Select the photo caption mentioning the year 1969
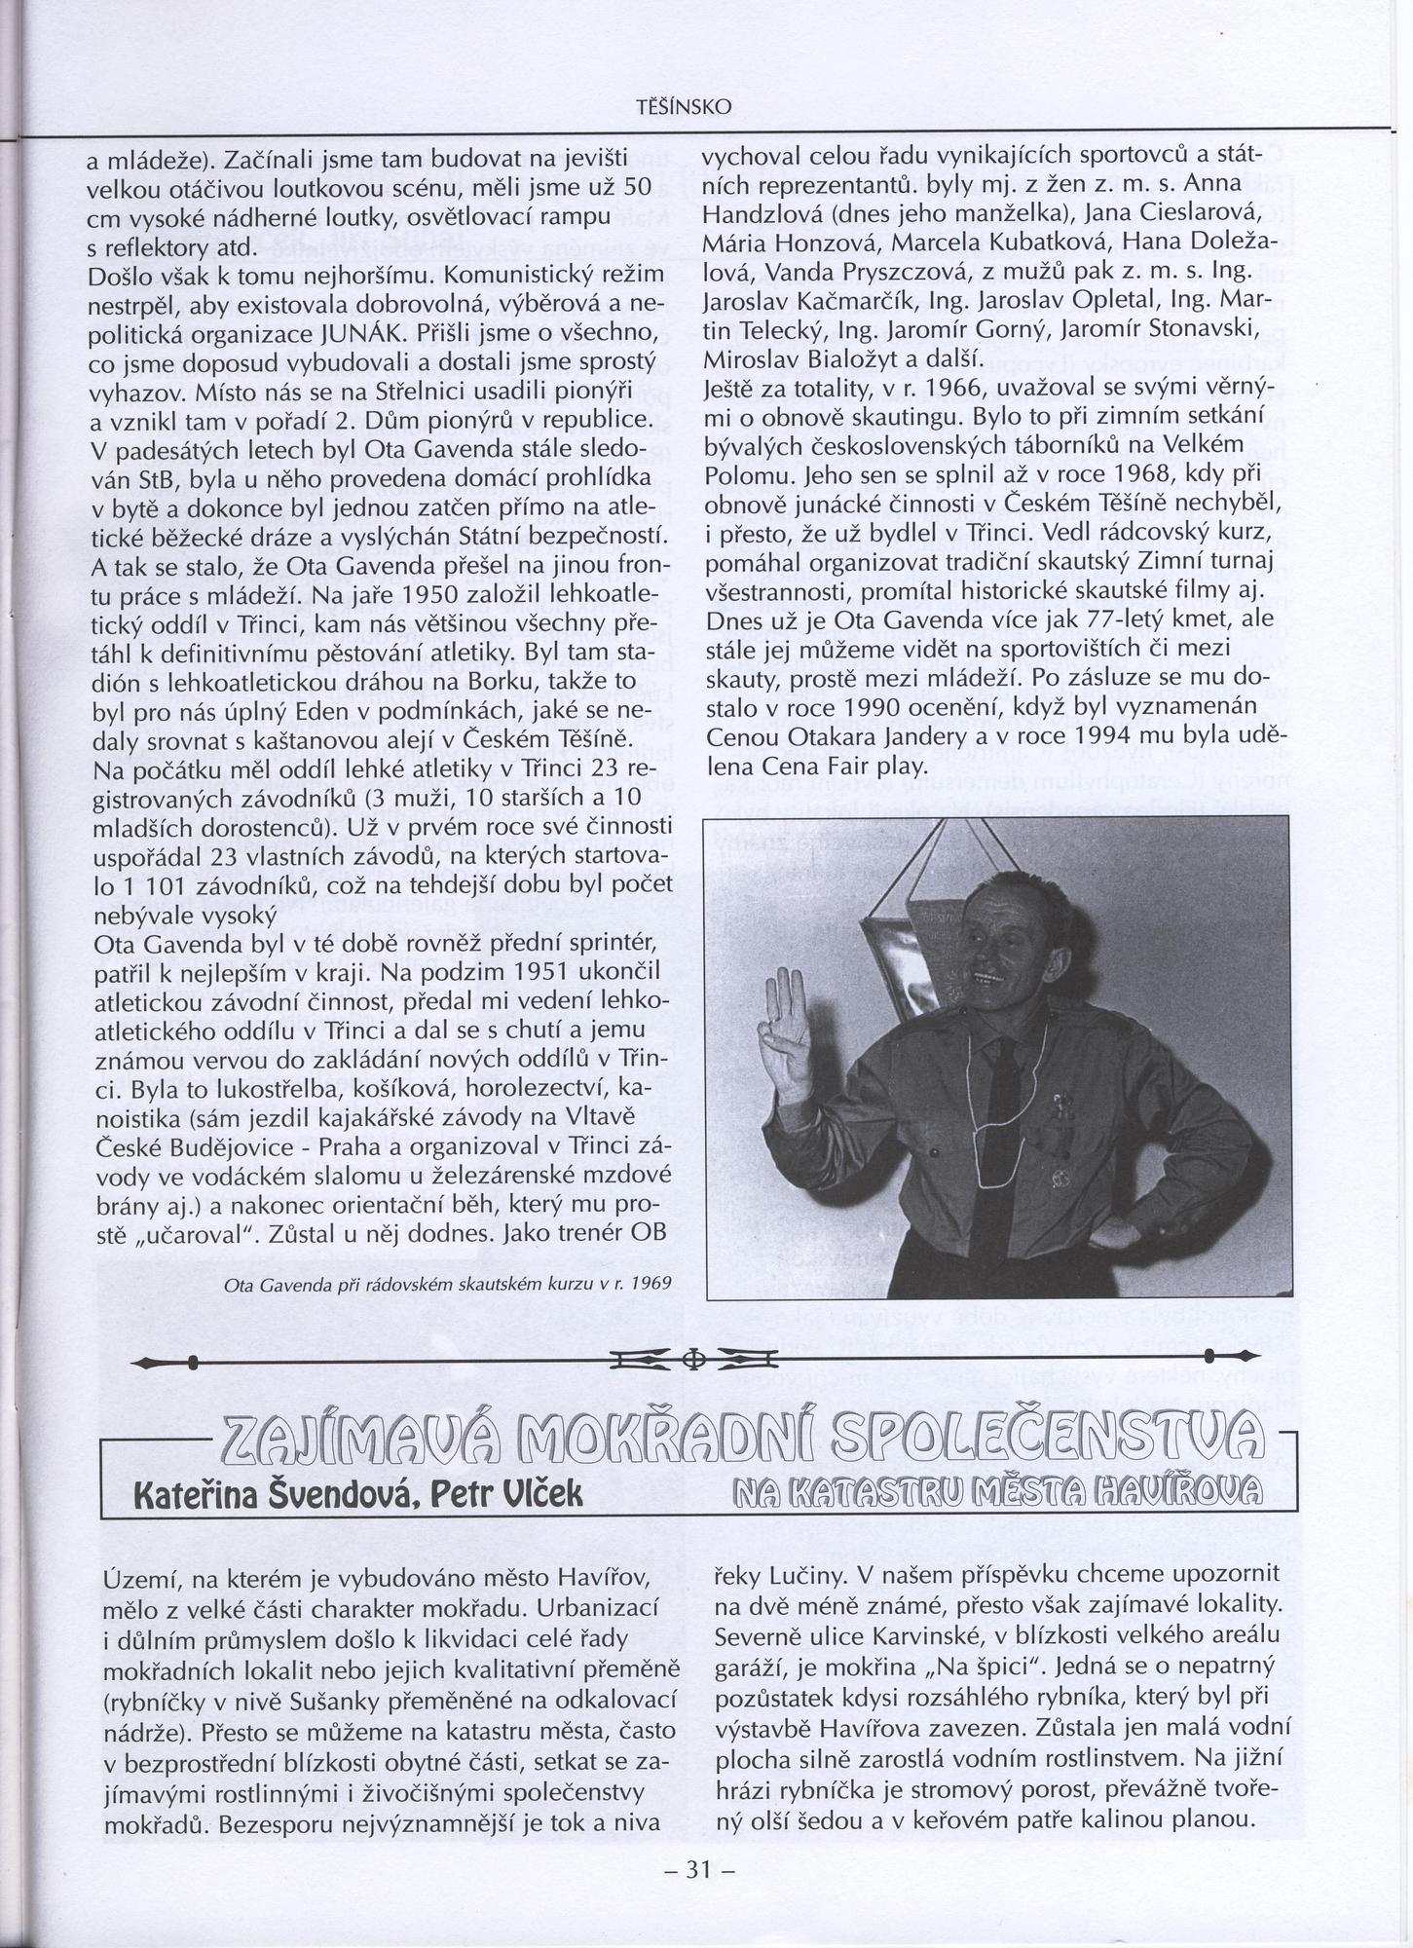pyautogui.click(x=447, y=1283)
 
